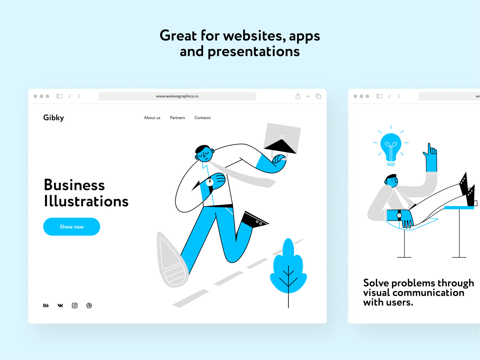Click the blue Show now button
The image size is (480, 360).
(x=71, y=227)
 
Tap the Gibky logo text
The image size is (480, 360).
(x=54, y=118)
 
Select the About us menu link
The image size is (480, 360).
(x=152, y=118)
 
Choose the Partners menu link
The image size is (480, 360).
(x=177, y=118)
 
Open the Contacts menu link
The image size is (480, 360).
(x=202, y=118)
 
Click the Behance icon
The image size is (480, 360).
(x=46, y=306)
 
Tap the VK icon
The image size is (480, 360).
(x=60, y=306)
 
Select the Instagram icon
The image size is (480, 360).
(x=75, y=306)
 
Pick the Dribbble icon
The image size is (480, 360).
(x=89, y=306)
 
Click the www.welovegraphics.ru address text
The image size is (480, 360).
(x=177, y=96)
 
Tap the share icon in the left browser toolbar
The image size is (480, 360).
(x=298, y=96)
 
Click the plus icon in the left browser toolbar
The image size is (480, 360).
(x=308, y=96)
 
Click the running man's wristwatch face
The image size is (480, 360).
(x=209, y=182)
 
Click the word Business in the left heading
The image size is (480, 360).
(x=74, y=185)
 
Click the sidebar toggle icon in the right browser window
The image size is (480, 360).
(x=379, y=96)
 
